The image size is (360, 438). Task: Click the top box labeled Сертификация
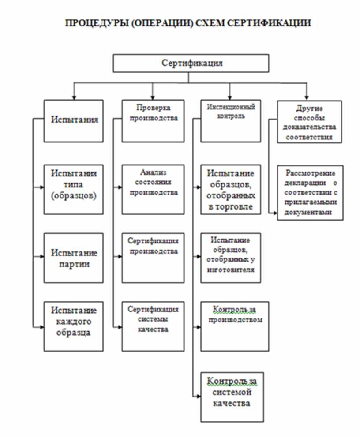click(191, 63)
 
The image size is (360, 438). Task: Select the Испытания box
click(74, 120)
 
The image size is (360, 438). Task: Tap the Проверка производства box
click(153, 120)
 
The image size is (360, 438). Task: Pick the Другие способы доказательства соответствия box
click(309, 121)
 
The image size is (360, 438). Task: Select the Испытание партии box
click(74, 258)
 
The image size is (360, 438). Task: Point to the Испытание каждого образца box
click(74, 326)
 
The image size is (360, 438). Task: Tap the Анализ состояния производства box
click(153, 189)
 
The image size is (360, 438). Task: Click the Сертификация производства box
click(153, 258)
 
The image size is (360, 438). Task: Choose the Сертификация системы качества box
click(153, 326)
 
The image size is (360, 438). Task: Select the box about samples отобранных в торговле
click(230, 189)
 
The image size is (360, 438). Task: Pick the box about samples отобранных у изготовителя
click(230, 258)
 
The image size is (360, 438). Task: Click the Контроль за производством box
click(234, 326)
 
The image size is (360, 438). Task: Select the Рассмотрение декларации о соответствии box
click(310, 192)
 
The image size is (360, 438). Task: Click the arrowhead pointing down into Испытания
click(74, 97)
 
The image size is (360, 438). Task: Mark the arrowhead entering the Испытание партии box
click(41, 256)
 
